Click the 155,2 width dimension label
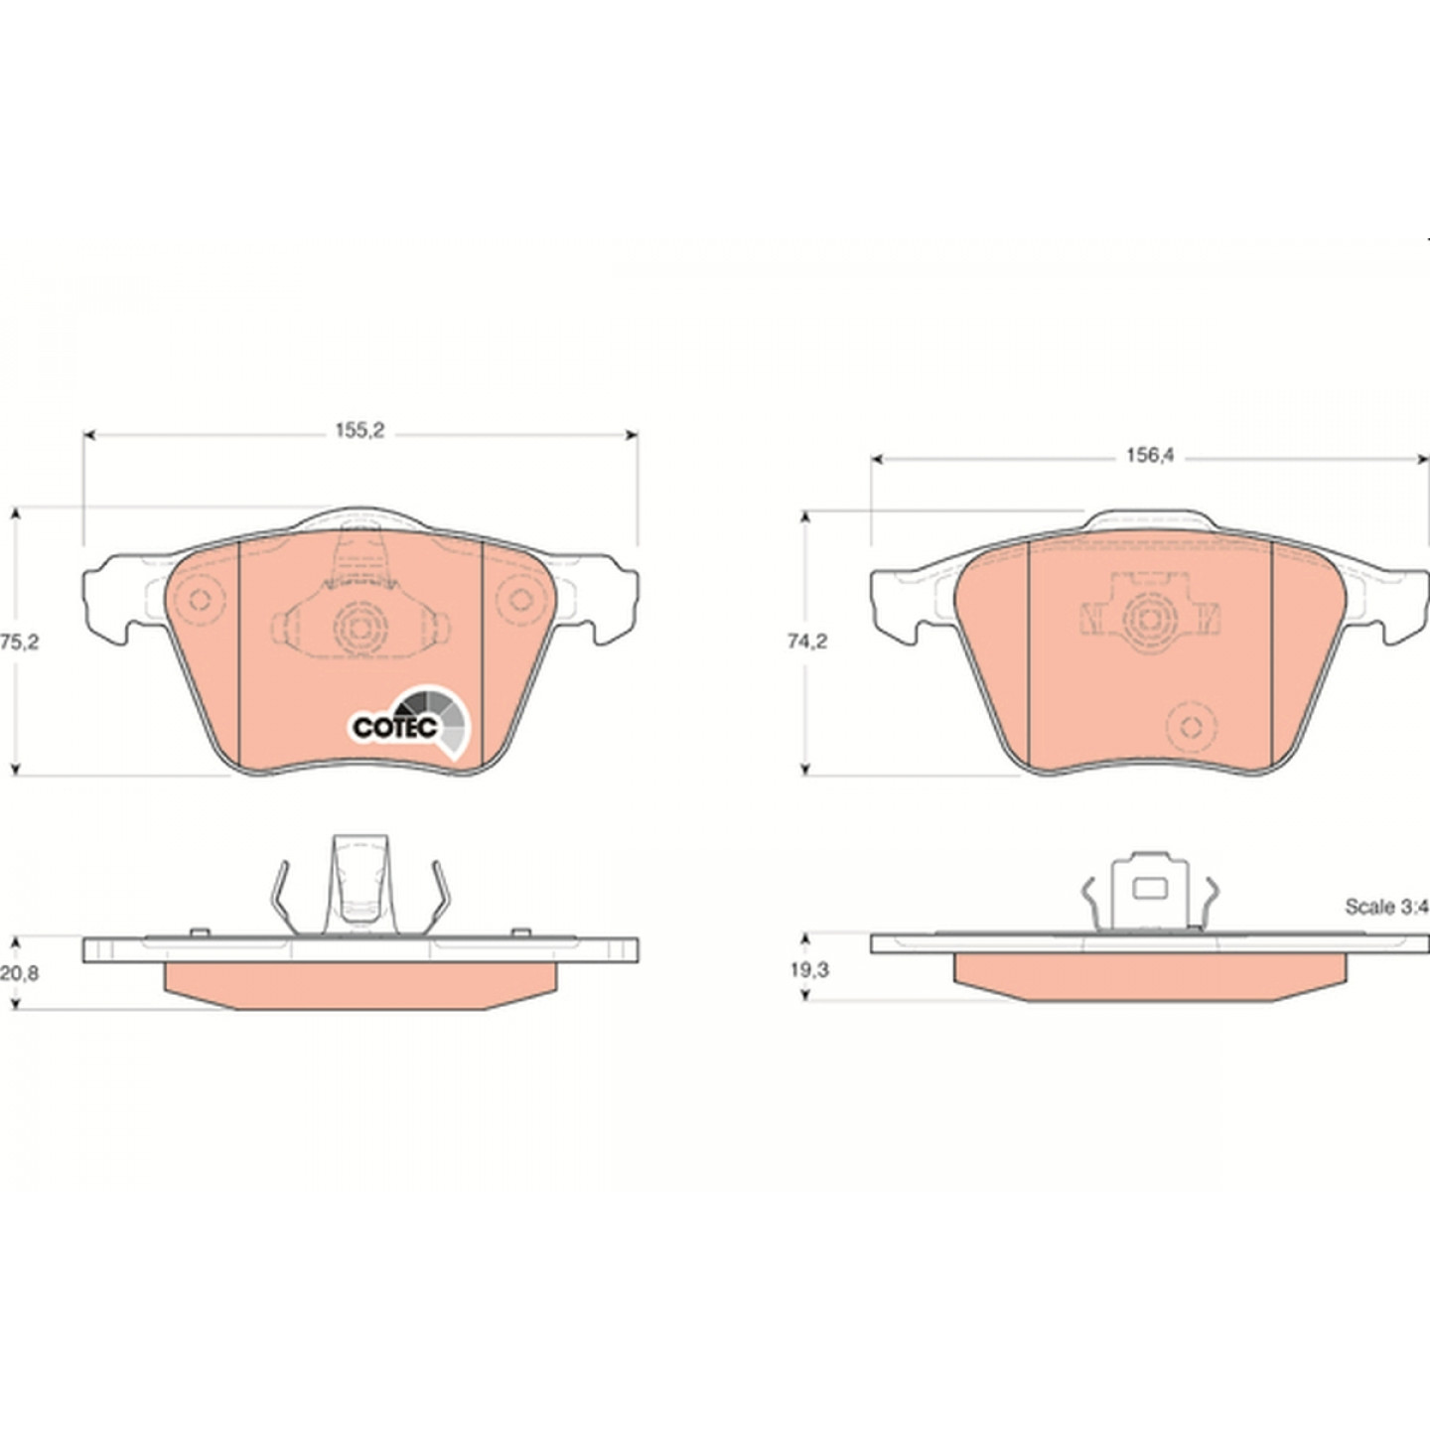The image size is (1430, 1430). pos(359,430)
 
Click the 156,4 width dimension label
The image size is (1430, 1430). pos(1150,456)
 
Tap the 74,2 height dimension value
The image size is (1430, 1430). pos(807,642)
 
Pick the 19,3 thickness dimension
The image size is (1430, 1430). pos(809,970)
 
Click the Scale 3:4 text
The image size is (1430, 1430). pos(1386,907)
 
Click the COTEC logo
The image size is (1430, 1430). pos(409,722)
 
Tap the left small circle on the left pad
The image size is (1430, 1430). pos(199,600)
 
